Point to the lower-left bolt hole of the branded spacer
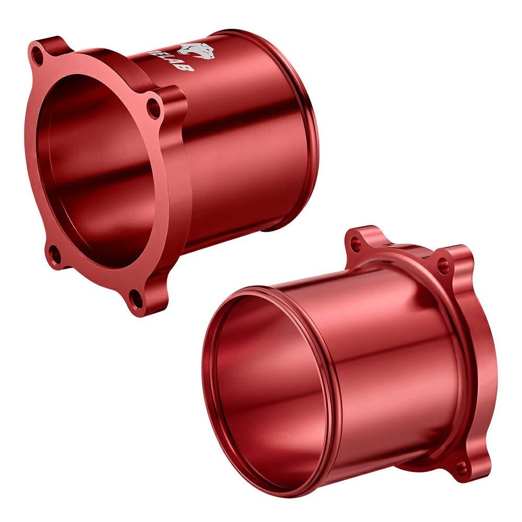tap(54, 255)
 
